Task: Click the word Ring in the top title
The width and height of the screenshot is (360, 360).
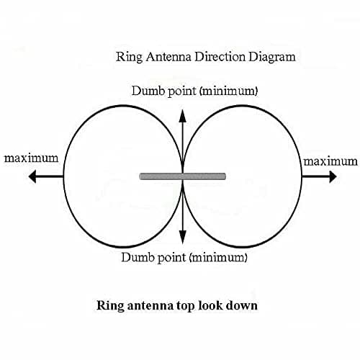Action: (129, 58)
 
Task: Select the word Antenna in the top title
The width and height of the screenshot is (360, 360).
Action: (168, 57)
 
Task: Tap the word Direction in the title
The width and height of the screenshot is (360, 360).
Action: (220, 57)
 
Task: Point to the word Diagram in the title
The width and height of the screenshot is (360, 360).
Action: (272, 58)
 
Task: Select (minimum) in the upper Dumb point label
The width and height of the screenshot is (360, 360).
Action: (229, 91)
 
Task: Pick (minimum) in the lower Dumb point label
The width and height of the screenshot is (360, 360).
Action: (218, 258)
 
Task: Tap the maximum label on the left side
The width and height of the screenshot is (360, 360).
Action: (31, 158)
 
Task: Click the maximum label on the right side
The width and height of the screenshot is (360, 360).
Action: (330, 161)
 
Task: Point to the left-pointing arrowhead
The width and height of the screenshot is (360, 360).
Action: (32, 176)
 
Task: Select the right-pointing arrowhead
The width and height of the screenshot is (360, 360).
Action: (333, 176)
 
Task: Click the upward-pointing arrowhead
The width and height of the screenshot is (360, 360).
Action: (183, 116)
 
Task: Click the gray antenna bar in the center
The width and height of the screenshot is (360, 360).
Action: (183, 176)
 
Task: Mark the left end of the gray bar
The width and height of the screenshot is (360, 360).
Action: (140, 176)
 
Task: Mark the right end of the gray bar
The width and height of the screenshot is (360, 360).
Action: (225, 176)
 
